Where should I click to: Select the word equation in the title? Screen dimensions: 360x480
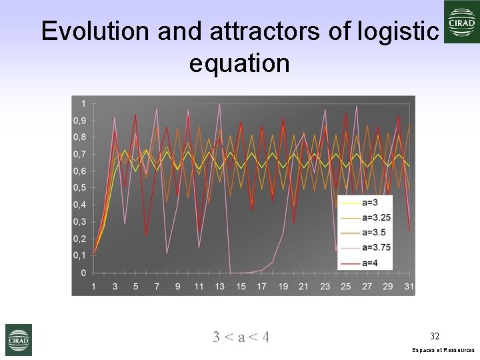pyautogui.click(x=239, y=63)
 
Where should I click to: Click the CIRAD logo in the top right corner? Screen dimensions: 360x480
pyautogui.click(x=461, y=22)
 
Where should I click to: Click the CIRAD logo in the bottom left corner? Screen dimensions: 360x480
pyautogui.click(x=18, y=339)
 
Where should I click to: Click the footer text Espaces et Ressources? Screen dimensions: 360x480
pyautogui.click(x=443, y=350)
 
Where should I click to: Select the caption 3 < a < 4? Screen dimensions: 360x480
pyautogui.click(x=241, y=337)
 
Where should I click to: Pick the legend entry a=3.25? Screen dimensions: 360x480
pyautogui.click(x=376, y=217)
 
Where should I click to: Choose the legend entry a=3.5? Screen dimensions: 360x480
pyautogui.click(x=374, y=233)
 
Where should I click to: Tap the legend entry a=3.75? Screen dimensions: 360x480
pyautogui.click(x=376, y=247)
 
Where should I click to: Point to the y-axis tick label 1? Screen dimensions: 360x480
pyautogui.click(x=83, y=103)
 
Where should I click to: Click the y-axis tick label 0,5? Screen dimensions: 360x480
pyautogui.click(x=79, y=188)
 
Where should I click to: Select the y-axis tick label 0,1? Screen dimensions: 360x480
pyautogui.click(x=79, y=256)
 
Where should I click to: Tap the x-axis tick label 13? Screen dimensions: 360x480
pyautogui.click(x=220, y=287)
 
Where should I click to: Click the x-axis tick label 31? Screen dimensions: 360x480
pyautogui.click(x=409, y=287)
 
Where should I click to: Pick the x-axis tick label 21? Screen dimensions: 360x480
pyautogui.click(x=304, y=287)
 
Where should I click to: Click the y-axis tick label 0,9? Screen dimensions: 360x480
pyautogui.click(x=79, y=121)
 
